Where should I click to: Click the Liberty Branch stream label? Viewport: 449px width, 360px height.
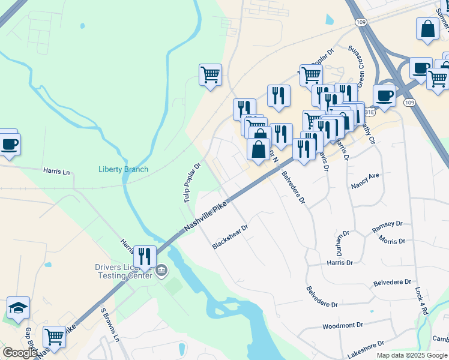[123, 169]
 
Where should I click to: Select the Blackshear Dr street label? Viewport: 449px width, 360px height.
[230, 238]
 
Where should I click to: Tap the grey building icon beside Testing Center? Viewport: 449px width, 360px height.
[161, 272]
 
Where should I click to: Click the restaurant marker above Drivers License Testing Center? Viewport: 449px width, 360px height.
[144, 257]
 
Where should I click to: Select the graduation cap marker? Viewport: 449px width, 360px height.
[18, 308]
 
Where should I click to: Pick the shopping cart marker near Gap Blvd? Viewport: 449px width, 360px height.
[54, 336]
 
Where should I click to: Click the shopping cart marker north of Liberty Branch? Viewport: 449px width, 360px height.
[210, 75]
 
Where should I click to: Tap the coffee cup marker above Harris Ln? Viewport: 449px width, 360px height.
[9, 144]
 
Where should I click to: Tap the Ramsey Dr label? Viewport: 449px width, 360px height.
[387, 224]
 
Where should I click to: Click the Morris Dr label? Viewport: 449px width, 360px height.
[392, 241]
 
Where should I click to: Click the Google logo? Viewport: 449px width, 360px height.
[20, 353]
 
